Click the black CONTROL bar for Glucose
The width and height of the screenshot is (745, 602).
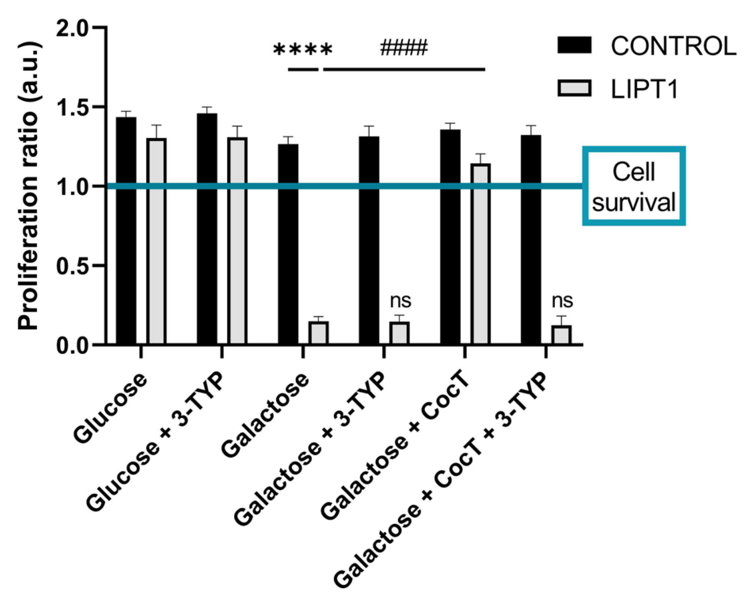[126, 231]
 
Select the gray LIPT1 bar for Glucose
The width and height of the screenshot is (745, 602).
[156, 241]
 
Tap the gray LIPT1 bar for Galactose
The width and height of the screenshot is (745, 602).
[318, 333]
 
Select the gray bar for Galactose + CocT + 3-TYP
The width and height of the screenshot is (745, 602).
[561, 335]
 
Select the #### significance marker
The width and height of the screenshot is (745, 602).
[404, 48]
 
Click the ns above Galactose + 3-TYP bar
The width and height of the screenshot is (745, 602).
[400, 301]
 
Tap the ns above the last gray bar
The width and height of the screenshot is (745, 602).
[562, 301]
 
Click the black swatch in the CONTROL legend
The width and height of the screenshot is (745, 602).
[574, 45]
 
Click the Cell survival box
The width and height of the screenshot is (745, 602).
[634, 186]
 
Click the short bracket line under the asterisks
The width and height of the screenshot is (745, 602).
[303, 70]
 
